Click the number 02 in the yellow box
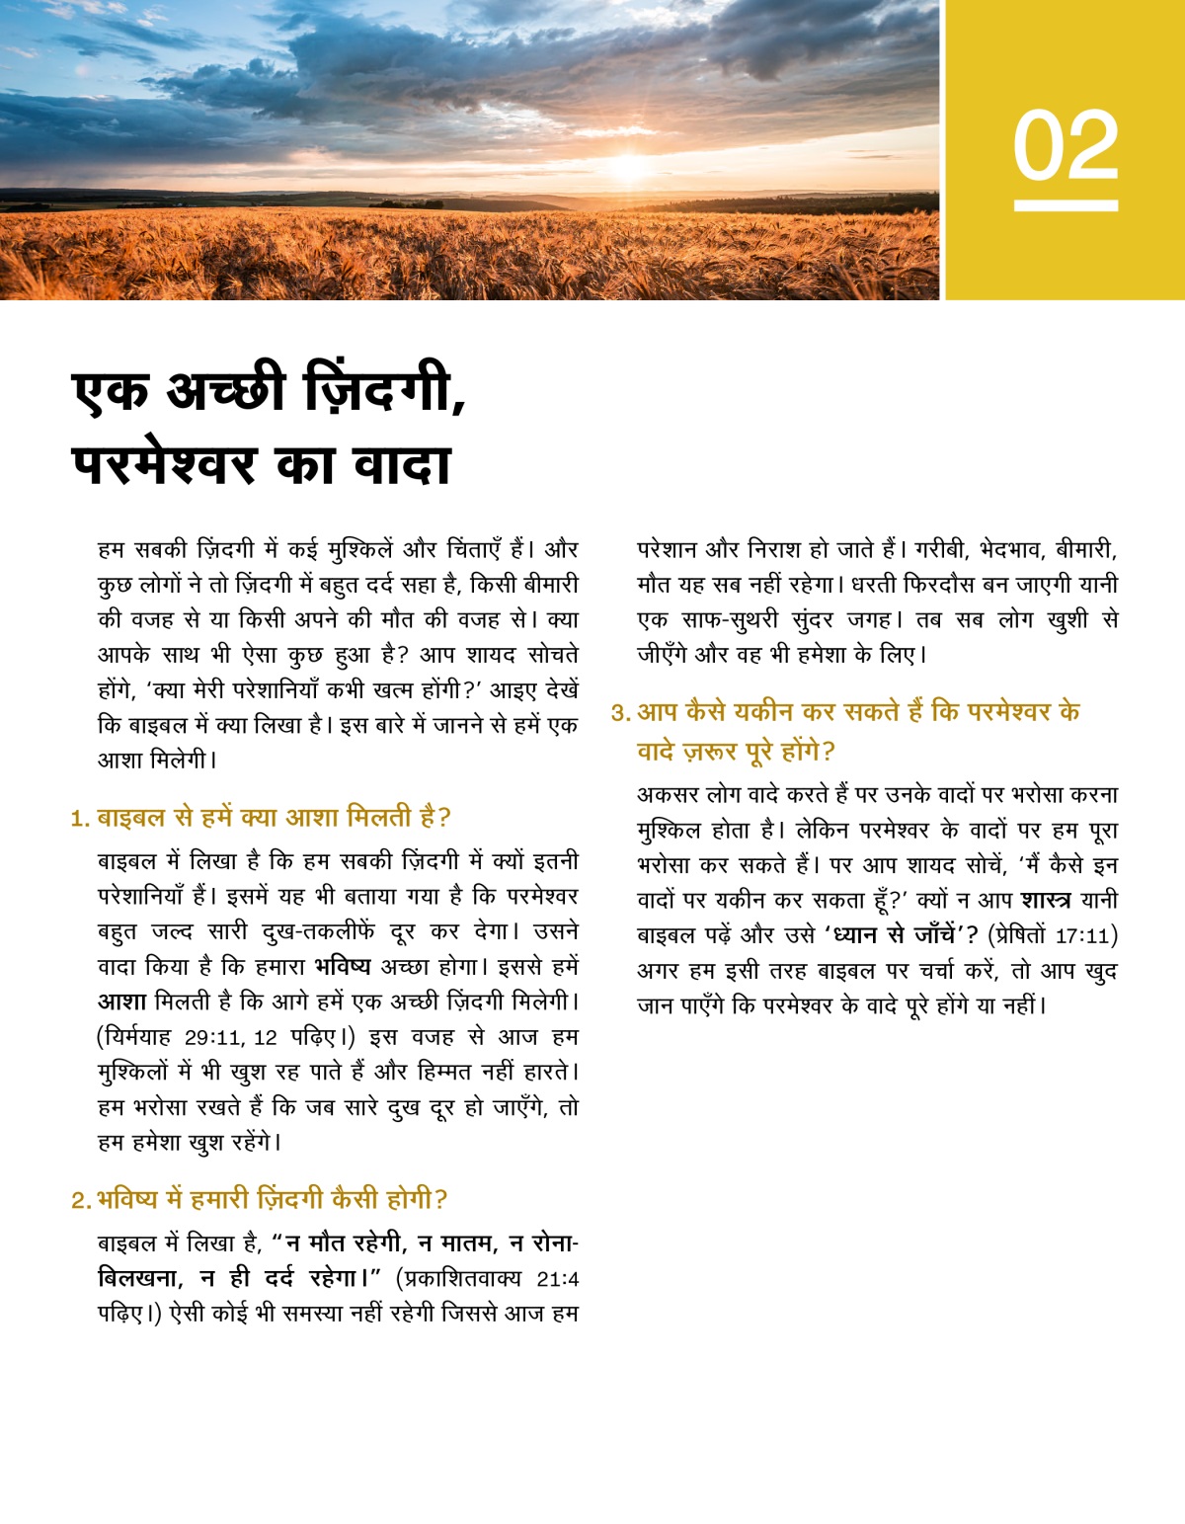[x=1066, y=146]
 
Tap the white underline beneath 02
[x=1066, y=205]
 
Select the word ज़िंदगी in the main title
[x=380, y=390]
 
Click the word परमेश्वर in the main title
[x=164, y=464]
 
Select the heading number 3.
[x=619, y=713]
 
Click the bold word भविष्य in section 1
[x=343, y=966]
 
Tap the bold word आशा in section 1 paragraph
[x=121, y=1002]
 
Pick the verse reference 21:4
[x=557, y=1279]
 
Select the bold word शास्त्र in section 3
[x=1046, y=901]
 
